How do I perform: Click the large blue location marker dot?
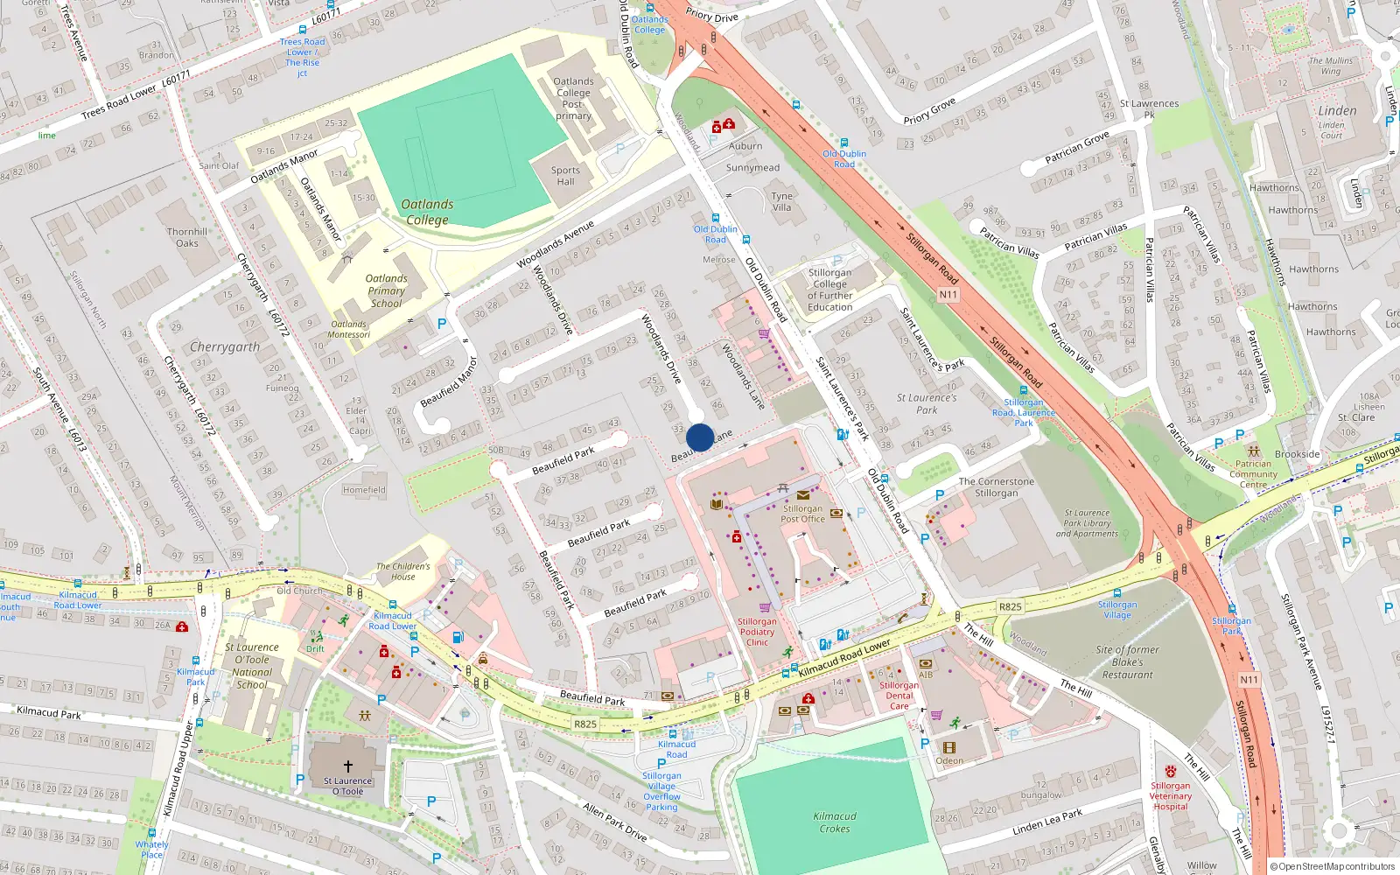pos(700,437)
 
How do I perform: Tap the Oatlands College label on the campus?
pos(427,212)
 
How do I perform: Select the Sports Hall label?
pos(565,176)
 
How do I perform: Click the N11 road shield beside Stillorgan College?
pos(948,295)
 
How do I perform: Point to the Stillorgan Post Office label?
pos(802,514)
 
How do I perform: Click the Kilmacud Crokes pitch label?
pos(835,822)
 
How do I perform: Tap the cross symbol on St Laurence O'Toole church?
pos(348,766)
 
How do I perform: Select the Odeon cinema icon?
pos(949,747)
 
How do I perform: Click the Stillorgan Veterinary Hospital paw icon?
pos(1170,771)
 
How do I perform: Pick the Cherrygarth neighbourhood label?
pos(225,347)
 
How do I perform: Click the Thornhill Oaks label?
pos(187,238)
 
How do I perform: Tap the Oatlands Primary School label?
pos(386,290)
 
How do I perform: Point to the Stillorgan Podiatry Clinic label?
pos(757,632)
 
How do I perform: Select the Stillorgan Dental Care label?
pos(899,696)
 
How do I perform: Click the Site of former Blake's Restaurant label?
pos(1127,662)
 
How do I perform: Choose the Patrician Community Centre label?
pos(1253,474)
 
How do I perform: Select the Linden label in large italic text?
pos(1337,111)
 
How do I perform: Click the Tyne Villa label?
pos(781,202)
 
